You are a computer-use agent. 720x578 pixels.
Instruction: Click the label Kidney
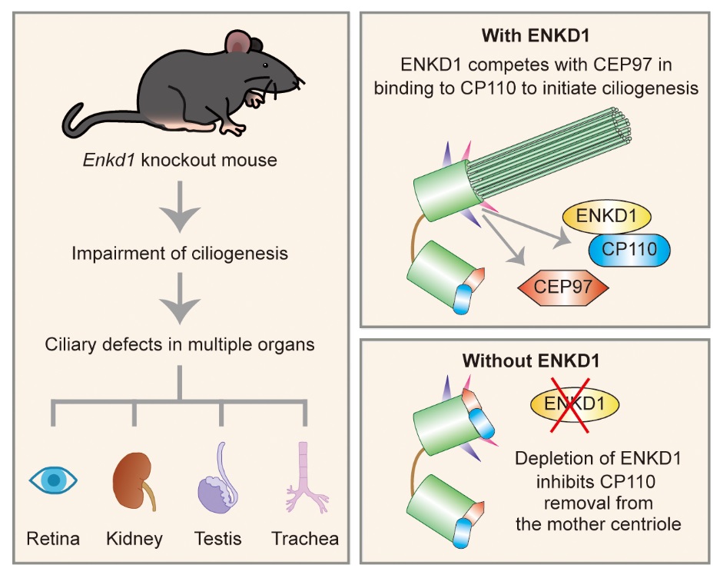pos(134,538)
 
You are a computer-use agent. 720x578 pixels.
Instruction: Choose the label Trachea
pos(305,538)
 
